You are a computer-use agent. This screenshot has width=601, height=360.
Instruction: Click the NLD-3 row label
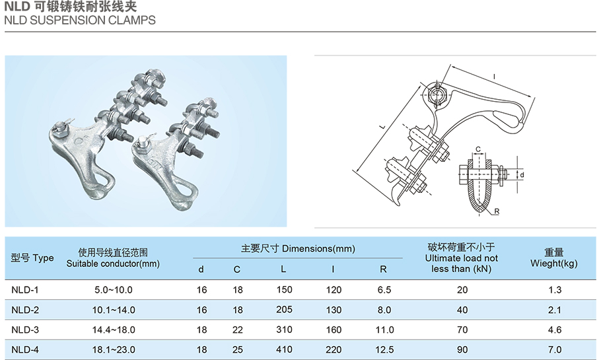pyautogui.click(x=26, y=329)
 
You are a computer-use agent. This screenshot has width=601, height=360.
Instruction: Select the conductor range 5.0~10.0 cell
pyautogui.click(x=114, y=289)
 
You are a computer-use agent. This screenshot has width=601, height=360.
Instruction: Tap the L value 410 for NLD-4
pyautogui.click(x=284, y=349)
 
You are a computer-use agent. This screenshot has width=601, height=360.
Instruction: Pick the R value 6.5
pyautogui.click(x=384, y=289)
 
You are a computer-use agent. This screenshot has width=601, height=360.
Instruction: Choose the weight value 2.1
pyautogui.click(x=554, y=309)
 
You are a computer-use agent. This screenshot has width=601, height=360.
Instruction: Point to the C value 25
pyautogui.click(x=237, y=349)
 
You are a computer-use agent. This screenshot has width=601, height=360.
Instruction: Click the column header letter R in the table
pyautogui.click(x=384, y=269)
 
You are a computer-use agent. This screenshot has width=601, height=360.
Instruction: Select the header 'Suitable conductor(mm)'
pyautogui.click(x=114, y=264)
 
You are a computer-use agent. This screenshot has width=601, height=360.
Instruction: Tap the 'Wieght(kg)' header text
pyautogui.click(x=554, y=264)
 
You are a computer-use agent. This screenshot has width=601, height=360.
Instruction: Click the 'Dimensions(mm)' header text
pyautogui.click(x=318, y=248)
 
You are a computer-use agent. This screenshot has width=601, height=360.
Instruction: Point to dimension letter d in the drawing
pyautogui.click(x=522, y=175)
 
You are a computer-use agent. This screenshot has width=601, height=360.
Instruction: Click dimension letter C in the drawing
pyautogui.click(x=477, y=149)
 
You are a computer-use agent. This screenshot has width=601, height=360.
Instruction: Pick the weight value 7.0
pyautogui.click(x=554, y=349)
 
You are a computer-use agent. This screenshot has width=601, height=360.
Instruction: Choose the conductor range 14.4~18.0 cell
pyautogui.click(x=114, y=329)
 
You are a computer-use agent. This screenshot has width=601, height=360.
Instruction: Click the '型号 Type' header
pyautogui.click(x=32, y=258)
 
